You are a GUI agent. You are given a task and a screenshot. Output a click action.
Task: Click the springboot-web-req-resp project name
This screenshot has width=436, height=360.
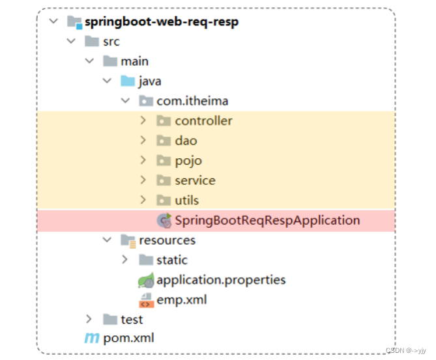tap(162, 21)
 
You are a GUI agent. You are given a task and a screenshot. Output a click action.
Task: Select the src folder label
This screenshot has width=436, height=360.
tap(111, 42)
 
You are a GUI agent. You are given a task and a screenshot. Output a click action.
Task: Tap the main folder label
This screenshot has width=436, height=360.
tap(134, 61)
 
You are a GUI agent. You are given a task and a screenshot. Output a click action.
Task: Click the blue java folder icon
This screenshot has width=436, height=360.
tap(127, 81)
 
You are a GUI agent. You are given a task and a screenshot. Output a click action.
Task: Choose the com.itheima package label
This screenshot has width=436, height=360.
tap(192, 101)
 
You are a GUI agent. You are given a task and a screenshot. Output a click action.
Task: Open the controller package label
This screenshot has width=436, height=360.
tap(203, 120)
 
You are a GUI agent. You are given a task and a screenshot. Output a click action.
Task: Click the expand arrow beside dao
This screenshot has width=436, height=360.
tap(143, 141)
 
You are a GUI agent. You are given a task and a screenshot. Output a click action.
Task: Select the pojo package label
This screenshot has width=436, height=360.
tap(188, 160)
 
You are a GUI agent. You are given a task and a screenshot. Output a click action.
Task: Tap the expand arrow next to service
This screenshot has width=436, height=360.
tap(143, 180)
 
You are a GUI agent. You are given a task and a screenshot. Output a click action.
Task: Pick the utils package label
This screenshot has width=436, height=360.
tap(187, 200)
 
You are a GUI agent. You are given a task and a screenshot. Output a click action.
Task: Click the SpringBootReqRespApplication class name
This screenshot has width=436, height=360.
tap(267, 220)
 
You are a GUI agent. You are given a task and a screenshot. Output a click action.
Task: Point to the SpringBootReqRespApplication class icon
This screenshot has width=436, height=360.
tap(164, 220)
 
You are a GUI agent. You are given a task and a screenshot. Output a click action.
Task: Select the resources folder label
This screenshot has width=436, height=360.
tap(167, 240)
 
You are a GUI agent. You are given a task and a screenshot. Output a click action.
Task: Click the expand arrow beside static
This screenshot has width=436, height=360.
tap(125, 260)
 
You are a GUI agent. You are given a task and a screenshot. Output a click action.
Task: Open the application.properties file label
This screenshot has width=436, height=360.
tap(221, 280)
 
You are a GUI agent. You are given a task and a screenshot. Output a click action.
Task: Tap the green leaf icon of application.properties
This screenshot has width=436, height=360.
tap(145, 281)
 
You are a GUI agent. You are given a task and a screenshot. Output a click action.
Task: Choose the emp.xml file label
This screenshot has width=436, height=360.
tap(178, 299)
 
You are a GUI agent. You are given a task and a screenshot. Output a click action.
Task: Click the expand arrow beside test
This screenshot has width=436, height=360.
tap(89, 319)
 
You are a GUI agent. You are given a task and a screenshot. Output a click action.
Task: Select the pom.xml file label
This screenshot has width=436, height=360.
tap(128, 339)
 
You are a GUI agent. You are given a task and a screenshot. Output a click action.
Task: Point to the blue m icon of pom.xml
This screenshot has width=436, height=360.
tap(91, 339)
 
